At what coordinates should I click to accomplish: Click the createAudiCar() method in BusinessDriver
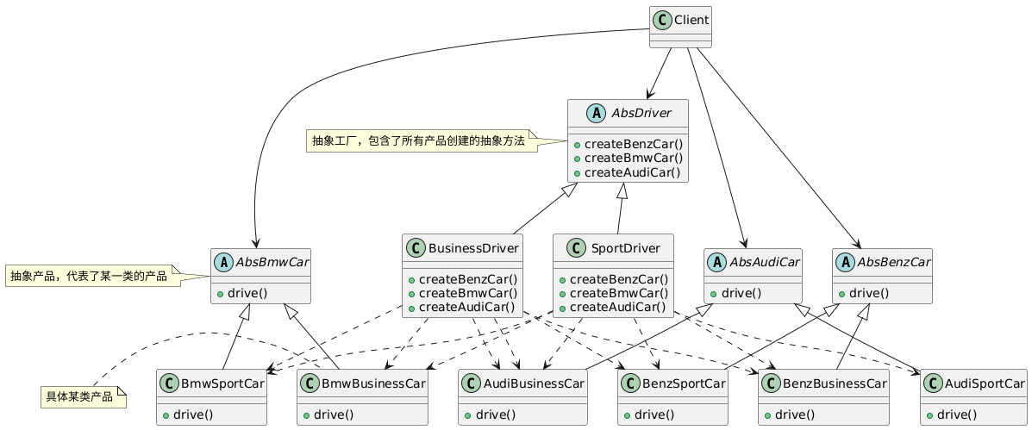pos(466,308)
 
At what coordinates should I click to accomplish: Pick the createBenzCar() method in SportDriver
pos(616,278)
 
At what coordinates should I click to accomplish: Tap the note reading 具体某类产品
pos(78,397)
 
